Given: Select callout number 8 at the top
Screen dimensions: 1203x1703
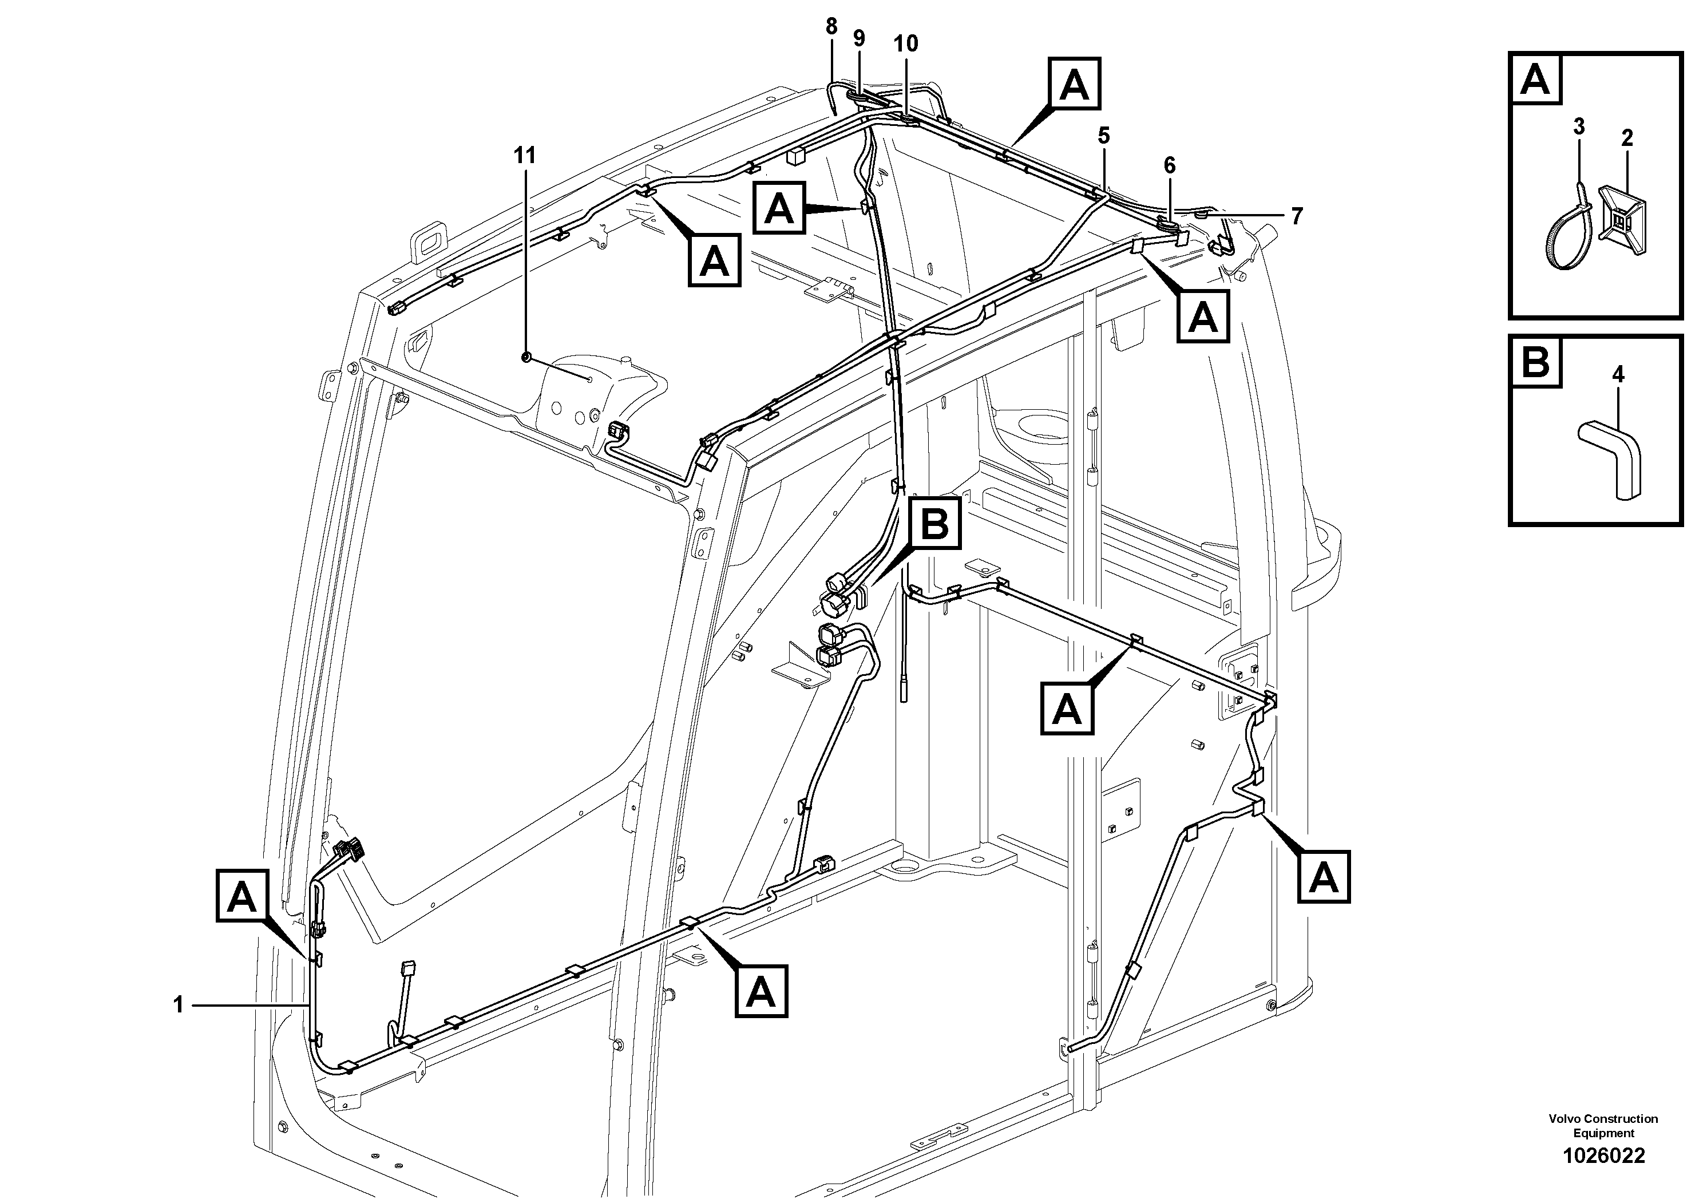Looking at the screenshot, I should coord(831,27).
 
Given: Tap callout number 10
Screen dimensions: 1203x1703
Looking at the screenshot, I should coord(906,43).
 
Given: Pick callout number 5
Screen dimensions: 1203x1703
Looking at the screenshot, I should coord(1170,165).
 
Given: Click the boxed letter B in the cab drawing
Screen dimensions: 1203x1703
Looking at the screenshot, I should coord(934,524).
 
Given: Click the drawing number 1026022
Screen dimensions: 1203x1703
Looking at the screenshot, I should coord(1603,1155).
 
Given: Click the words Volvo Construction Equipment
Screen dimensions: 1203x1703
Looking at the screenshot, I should coord(1603,1126).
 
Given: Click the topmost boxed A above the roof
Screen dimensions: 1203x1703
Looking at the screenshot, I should coord(1074,85).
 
